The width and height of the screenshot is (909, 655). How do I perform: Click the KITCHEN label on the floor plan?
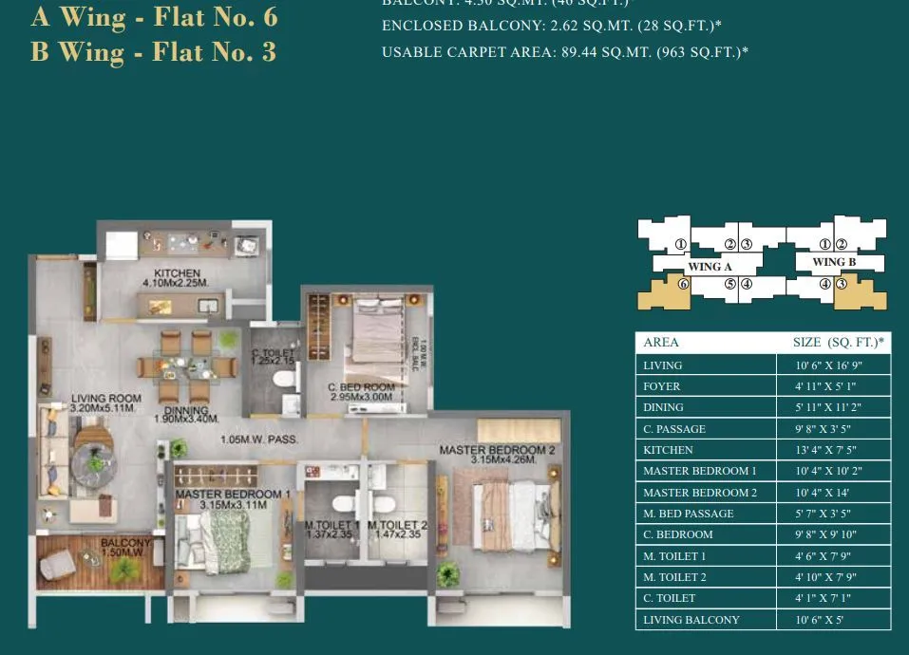pos(178,275)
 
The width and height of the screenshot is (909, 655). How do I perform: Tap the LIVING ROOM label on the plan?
pos(106,403)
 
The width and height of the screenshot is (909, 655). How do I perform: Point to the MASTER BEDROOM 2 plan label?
pos(497,455)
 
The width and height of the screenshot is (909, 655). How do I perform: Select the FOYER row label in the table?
pos(662,386)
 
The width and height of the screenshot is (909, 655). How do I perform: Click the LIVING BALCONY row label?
pos(691,620)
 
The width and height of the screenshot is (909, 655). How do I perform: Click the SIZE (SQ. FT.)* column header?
pos(838,343)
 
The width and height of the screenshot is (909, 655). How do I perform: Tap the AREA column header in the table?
pos(661,343)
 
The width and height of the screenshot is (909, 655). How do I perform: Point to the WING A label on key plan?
pos(710,267)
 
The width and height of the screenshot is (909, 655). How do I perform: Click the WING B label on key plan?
pos(834,262)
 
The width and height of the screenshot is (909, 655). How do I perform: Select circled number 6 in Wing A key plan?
pos(682,283)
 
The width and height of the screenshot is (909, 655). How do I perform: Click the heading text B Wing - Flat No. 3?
pos(153,51)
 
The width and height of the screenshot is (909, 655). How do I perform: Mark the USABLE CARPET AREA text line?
pos(564,52)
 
